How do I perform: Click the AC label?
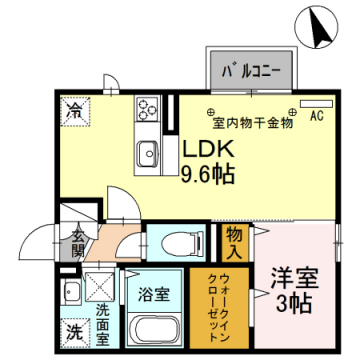click(x=316, y=115)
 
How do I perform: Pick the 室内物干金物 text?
click(x=252, y=124)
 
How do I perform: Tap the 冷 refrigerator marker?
click(x=75, y=109)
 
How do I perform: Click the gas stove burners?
click(x=149, y=106)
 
